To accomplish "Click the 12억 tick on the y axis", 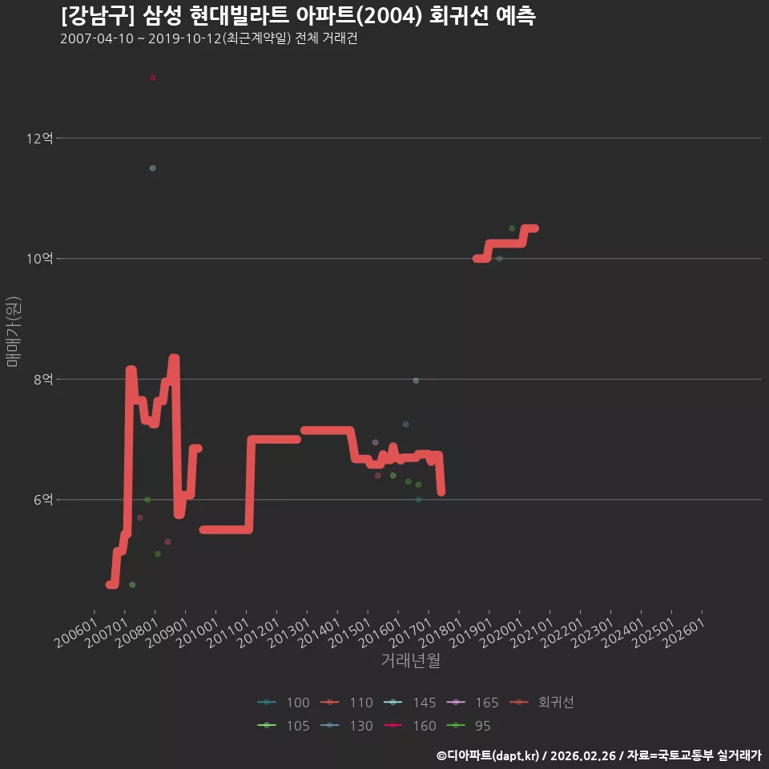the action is [x=40, y=139].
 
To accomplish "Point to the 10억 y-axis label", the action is [x=40, y=259].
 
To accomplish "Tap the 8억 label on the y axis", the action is [x=43, y=379].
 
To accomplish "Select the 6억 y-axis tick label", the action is [x=43, y=500].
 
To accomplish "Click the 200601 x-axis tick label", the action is [x=75, y=633].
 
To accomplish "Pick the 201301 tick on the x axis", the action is [x=288, y=633].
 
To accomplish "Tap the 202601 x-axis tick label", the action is [x=683, y=633].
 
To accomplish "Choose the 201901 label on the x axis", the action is [x=471, y=633].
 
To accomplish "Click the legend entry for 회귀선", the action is [x=542, y=703].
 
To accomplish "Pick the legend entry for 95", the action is [x=469, y=726].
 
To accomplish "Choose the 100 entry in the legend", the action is [x=284, y=703].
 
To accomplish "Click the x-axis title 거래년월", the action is [x=410, y=660].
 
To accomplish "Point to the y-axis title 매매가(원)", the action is [x=13, y=332].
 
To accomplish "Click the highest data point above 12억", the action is [x=152, y=78].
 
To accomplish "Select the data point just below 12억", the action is [x=152, y=168].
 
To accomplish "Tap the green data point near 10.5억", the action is [x=512, y=228].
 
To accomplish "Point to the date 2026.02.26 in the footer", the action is [x=582, y=755].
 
